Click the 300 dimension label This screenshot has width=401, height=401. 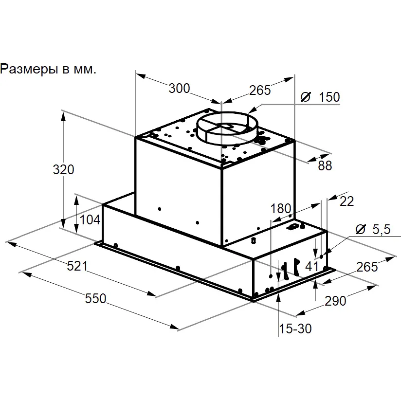click(179, 89)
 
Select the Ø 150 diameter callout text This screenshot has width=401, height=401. click(320, 97)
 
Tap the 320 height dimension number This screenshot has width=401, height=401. click(63, 169)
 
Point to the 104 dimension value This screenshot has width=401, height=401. click(90, 219)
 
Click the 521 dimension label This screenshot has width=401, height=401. click(77, 266)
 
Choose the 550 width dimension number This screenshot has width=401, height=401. click(95, 298)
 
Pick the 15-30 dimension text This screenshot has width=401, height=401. click(295, 328)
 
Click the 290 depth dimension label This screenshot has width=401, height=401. click(335, 301)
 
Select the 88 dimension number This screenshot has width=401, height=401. click(325, 166)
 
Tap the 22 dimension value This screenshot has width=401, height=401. click(347, 201)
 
